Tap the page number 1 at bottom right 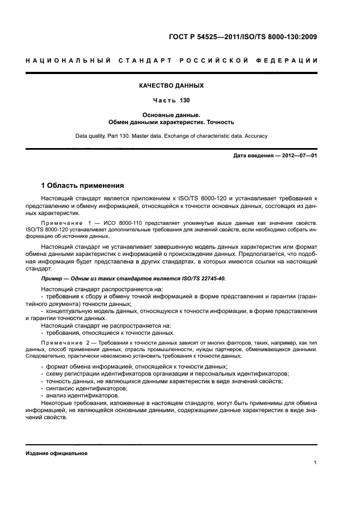pos(315,462)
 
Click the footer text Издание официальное pos(56,453)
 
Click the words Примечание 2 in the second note pos(65,343)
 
